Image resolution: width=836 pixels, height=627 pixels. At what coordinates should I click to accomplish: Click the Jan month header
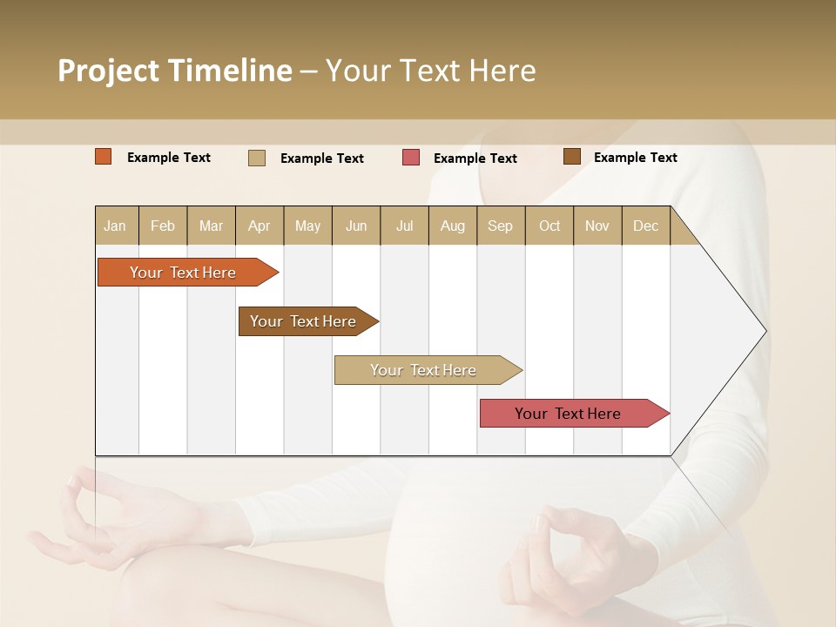(116, 226)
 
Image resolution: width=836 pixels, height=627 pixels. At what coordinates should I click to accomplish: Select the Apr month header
(260, 226)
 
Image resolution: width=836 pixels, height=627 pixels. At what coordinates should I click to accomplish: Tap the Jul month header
(404, 226)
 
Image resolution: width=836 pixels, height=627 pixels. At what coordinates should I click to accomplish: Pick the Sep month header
(501, 226)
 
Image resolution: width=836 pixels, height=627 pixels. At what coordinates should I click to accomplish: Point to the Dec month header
(645, 226)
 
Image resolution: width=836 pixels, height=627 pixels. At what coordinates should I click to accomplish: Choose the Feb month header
(163, 226)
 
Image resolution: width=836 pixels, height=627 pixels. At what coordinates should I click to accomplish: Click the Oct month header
(549, 226)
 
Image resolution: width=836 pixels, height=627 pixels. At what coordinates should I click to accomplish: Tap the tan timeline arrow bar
(424, 370)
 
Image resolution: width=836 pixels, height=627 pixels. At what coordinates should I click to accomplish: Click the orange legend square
(104, 157)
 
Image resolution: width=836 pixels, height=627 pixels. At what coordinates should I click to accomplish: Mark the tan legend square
(257, 158)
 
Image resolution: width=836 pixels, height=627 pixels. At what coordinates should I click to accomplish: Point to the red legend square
(411, 158)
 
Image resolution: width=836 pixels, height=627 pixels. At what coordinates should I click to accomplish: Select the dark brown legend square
(572, 157)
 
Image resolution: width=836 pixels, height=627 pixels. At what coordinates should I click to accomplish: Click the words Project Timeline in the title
(174, 71)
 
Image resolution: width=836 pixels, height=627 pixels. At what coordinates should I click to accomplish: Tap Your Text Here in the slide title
(430, 71)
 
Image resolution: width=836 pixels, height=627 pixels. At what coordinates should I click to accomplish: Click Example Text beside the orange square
(169, 158)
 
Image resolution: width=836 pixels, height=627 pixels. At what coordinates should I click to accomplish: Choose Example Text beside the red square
(475, 158)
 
